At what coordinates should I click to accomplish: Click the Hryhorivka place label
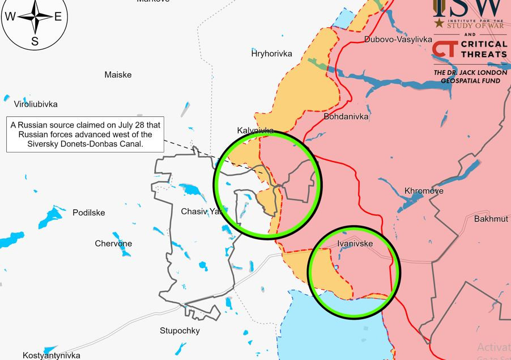coord(272,53)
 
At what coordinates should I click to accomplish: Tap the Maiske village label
coord(118,75)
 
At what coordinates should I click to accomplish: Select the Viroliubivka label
coord(36,104)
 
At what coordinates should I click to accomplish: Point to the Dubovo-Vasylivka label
coord(398,40)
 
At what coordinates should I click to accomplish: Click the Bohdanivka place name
coord(346,116)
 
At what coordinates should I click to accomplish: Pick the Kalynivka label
coord(255,130)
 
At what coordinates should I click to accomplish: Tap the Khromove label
coord(424,191)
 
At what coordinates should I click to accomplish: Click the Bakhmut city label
coord(491,218)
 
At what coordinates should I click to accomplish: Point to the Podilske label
coord(89,213)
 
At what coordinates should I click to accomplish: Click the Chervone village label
coord(113,244)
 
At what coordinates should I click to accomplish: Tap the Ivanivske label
coord(355,244)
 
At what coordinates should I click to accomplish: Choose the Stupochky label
coord(180,331)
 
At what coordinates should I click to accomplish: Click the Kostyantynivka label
coord(52,355)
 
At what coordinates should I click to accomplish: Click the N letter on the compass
coord(35,2)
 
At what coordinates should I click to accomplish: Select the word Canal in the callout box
coord(131,144)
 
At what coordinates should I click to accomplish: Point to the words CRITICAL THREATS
coord(485,49)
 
